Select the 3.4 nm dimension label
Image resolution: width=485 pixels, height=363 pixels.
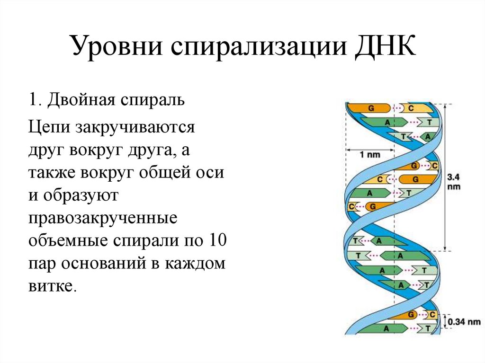click(x=454, y=181)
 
